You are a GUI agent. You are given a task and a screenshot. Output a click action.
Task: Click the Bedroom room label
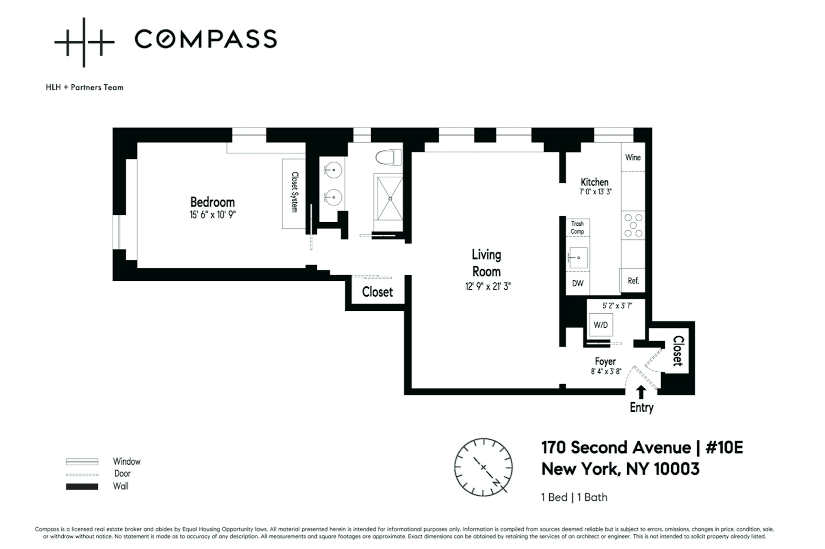(212, 202)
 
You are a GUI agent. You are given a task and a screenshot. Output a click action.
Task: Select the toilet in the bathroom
(388, 157)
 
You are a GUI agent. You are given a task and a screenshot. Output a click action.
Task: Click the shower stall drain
(390, 199)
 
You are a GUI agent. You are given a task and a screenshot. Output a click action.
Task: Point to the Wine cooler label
(633, 157)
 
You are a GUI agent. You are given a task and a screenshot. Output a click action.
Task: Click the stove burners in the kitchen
(633, 225)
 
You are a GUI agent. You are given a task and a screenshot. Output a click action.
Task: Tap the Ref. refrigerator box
(633, 280)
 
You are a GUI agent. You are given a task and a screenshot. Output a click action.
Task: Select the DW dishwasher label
(577, 283)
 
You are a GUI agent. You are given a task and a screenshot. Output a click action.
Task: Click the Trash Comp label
(577, 227)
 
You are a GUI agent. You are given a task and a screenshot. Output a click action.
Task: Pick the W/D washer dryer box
(601, 325)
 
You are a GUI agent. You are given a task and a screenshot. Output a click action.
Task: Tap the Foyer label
(605, 361)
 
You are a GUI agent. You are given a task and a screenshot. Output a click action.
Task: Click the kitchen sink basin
(578, 258)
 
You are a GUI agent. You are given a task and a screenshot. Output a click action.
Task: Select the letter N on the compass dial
(496, 482)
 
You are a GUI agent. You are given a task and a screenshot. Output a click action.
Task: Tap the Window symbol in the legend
(82, 462)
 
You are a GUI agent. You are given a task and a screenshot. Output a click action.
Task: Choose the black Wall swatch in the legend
(82, 486)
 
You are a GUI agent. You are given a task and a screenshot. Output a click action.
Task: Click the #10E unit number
(724, 447)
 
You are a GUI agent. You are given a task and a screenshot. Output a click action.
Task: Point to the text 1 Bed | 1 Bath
(574, 497)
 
